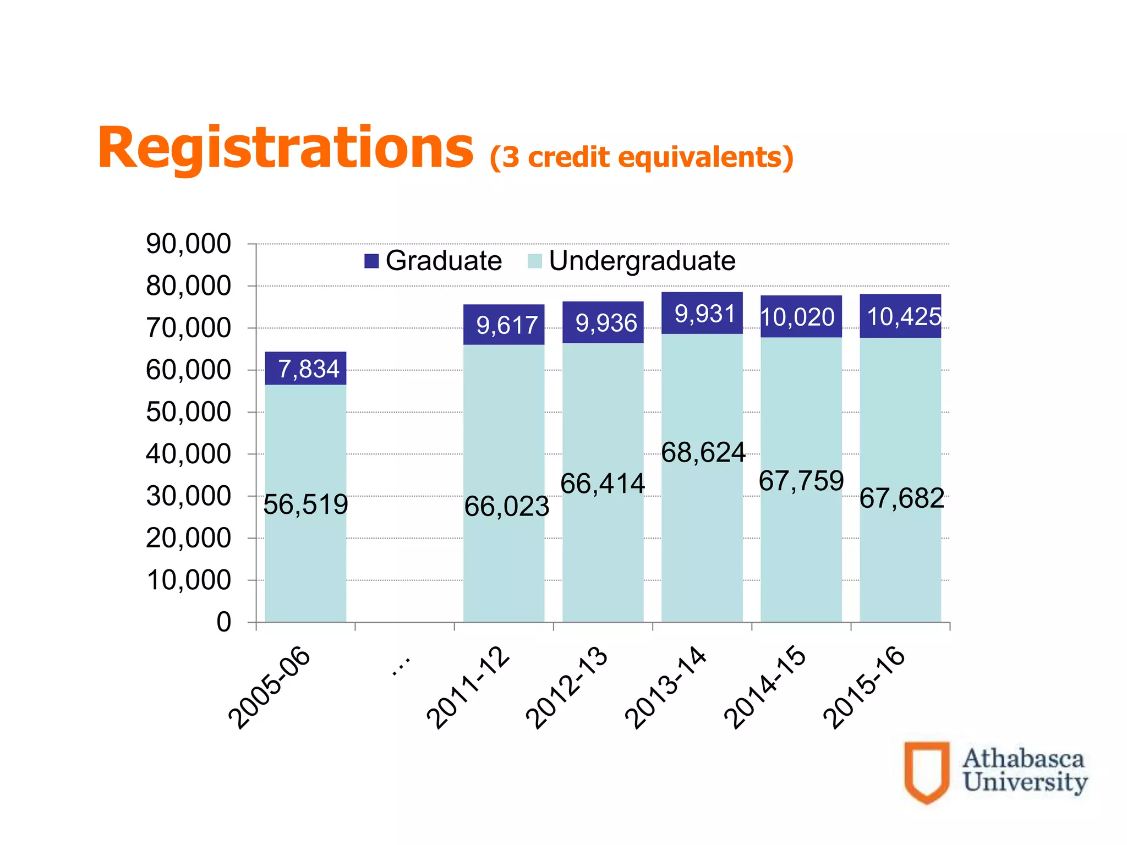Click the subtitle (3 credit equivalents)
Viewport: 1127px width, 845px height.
pos(641,157)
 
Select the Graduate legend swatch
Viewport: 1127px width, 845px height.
pos(371,261)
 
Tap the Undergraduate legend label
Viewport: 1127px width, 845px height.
pos(642,261)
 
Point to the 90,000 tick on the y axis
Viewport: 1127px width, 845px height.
pos(188,244)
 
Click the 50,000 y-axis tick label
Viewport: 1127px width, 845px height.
pos(188,412)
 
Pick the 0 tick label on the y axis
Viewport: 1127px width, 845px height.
pos(223,622)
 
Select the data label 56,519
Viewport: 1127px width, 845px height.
pos(305,504)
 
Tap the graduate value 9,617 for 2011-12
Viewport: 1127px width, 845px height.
pos(506,325)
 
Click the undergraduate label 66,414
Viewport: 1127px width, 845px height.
pos(603,484)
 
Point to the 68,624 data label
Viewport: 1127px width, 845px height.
pos(703,452)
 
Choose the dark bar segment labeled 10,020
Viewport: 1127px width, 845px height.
pos(798,317)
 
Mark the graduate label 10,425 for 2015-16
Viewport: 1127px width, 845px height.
pos(902,317)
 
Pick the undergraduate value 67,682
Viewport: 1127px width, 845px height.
pos(901,498)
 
